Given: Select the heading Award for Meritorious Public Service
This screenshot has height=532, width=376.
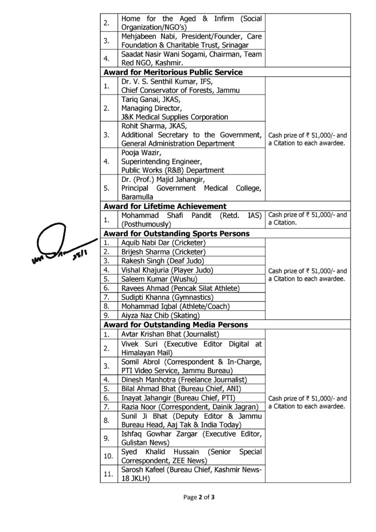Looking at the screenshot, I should (173, 72).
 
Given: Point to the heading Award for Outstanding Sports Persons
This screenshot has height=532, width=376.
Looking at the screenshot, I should (176, 234).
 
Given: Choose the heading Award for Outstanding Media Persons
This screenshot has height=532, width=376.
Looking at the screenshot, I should (176, 325).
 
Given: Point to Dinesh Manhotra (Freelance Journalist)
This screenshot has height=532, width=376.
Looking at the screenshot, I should (176, 379).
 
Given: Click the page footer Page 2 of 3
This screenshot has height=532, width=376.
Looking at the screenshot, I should (199, 497).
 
